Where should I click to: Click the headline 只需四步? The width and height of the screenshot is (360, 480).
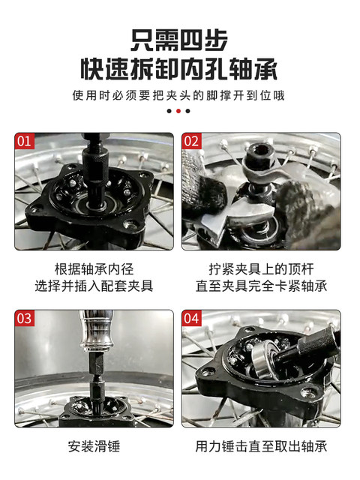coord(179,38)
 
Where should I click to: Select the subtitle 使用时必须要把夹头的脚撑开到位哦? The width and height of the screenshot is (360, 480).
coord(179,95)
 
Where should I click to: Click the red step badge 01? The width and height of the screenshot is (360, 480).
coord(25,141)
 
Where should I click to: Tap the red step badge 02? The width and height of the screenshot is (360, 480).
coord(192,141)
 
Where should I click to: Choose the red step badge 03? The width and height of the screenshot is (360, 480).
coord(25,318)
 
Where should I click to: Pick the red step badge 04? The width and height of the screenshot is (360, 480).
coord(192,318)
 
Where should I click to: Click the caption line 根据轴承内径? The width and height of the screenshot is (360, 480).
coord(94,268)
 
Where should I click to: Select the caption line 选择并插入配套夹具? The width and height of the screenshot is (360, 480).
coord(94,286)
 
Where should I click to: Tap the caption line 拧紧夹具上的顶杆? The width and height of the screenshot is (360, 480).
coord(260,268)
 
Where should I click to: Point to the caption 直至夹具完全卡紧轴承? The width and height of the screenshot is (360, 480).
coord(260,286)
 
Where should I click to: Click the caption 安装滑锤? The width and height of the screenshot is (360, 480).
coord(94,446)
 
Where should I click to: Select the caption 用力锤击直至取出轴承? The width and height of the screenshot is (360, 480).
coord(260,446)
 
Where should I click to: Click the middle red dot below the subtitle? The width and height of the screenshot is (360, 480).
coord(179,111)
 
